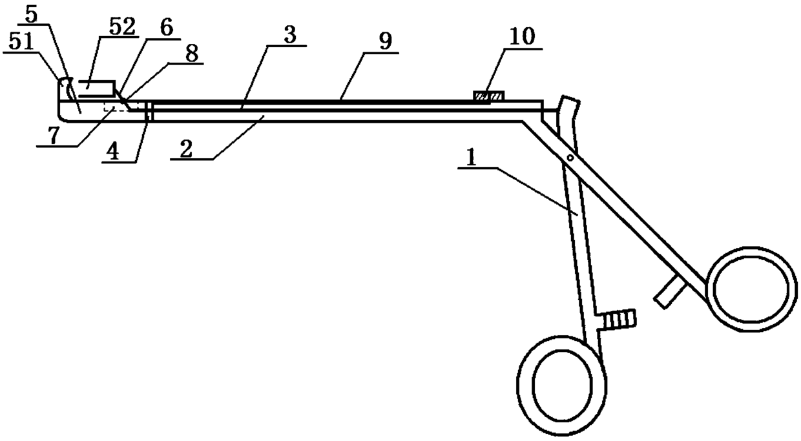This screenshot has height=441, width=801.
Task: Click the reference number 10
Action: pos(522,37)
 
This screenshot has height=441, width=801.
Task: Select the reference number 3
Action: pos(291,36)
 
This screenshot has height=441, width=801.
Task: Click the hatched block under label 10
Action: pos(488,97)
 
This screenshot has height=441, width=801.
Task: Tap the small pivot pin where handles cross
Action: pos(570,157)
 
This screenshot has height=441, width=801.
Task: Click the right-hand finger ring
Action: pos(751,288)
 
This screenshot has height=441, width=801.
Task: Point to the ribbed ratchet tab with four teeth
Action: pos(619,318)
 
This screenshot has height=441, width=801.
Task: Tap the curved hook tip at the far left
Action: pos(64,83)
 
